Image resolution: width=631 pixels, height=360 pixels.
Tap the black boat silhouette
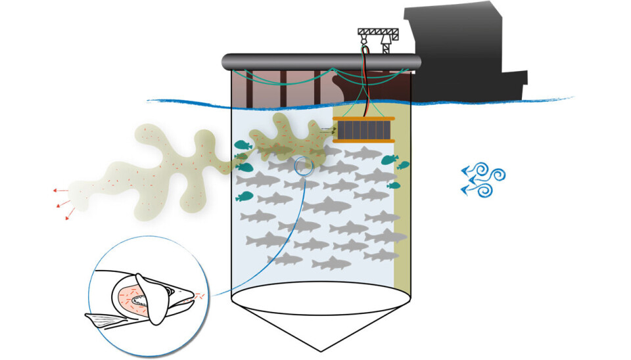tap(460, 53)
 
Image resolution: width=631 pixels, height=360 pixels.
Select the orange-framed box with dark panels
tap(363, 129)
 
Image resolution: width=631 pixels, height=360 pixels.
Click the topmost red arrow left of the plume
tap(58, 191)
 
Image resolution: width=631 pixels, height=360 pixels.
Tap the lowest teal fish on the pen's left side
tap(244, 196)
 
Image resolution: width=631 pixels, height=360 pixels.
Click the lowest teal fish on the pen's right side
tap(394, 186)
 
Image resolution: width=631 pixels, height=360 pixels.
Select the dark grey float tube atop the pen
tap(322, 61)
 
